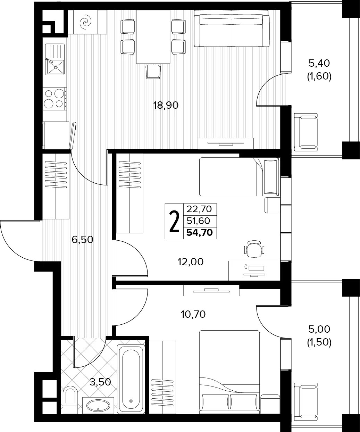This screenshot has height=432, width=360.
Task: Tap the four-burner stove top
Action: click(x=55, y=99)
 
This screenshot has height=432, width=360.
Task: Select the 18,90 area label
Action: click(x=166, y=106)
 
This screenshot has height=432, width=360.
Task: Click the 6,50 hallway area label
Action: click(x=82, y=240)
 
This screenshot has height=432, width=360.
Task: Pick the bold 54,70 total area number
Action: click(x=200, y=233)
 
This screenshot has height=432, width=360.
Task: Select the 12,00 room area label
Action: click(x=191, y=262)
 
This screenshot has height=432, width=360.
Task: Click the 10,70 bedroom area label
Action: click(x=193, y=315)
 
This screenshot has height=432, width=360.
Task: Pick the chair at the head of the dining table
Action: click(x=153, y=72)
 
